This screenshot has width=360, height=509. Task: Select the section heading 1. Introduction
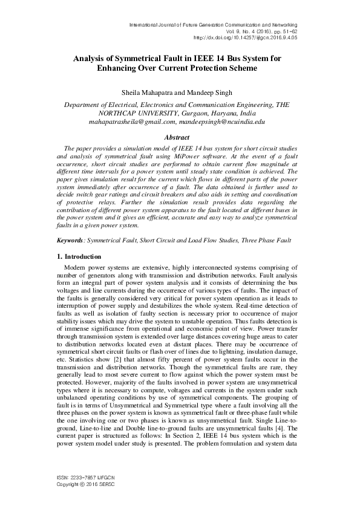coord(72,274)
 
